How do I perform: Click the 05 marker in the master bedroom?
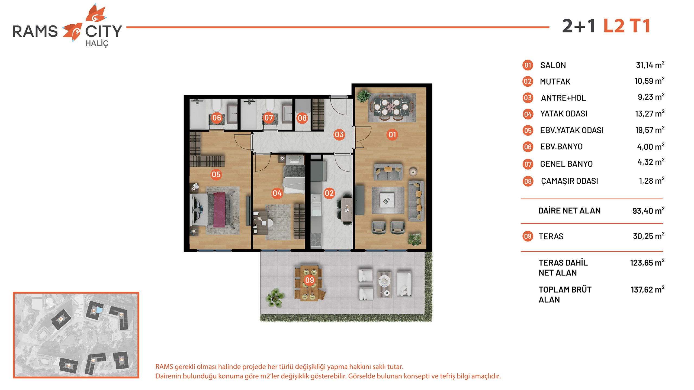[216, 174]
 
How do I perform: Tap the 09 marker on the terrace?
[309, 280]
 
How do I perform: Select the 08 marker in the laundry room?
[302, 118]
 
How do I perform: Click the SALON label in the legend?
[553, 65]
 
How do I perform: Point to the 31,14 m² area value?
[650, 65]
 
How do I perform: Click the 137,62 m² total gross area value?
[648, 290]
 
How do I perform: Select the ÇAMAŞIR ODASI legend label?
[570, 181]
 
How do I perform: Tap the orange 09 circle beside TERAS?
[528, 236]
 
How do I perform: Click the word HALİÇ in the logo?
[97, 44]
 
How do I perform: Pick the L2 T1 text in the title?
[627, 26]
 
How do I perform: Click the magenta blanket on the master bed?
[219, 209]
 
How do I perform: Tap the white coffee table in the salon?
[387, 200]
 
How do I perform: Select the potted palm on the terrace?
[276, 297]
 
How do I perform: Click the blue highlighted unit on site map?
[100, 310]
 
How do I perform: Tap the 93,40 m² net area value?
[648, 211]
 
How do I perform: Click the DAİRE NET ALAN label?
[569, 210]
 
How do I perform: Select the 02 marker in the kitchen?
[329, 193]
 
